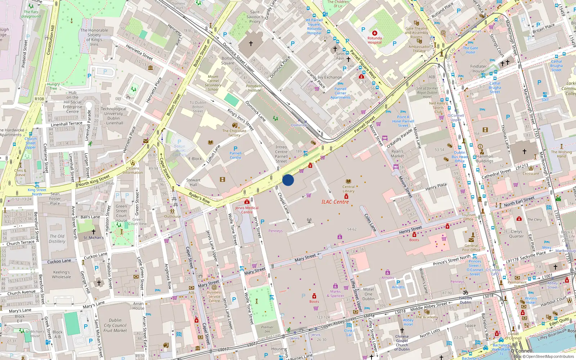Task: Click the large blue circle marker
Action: tap(288, 180)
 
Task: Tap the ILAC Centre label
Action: tap(335, 202)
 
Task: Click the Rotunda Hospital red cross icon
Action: tap(374, 33)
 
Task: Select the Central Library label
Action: tap(348, 189)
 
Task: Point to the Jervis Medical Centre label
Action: tap(247, 210)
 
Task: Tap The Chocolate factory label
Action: tap(234, 133)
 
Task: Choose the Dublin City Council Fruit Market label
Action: tap(115, 325)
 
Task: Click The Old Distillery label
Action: tap(57, 239)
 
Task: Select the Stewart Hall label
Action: tap(193, 182)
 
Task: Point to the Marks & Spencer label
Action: tap(335, 294)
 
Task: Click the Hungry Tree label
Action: tap(53, 86)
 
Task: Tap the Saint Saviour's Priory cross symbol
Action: tap(251, 43)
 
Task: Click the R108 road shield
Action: tap(39, 99)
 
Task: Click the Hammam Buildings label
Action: tap(485, 159)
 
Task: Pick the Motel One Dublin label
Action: tap(368, 294)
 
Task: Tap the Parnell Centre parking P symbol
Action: tap(235, 148)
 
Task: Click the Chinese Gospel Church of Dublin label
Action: tap(402, 343)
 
